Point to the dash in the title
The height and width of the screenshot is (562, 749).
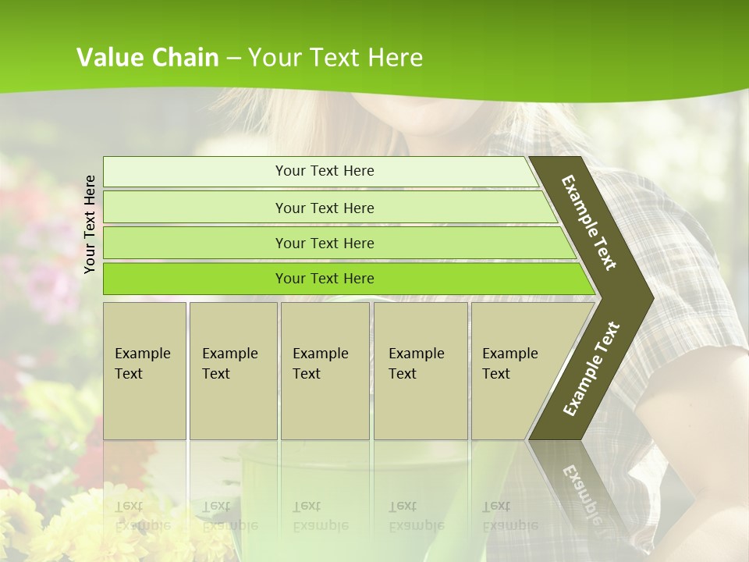pos(234,59)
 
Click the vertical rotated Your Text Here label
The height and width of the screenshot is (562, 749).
pos(90,224)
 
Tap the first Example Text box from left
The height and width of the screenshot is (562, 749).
pos(144,371)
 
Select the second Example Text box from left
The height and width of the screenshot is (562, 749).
pos(233,371)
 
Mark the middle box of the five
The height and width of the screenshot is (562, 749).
pos(325,371)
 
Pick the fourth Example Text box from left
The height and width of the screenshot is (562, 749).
pos(421,371)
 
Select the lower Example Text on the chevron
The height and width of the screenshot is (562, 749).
pos(591,368)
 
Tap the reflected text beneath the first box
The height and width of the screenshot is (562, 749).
pos(143,515)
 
